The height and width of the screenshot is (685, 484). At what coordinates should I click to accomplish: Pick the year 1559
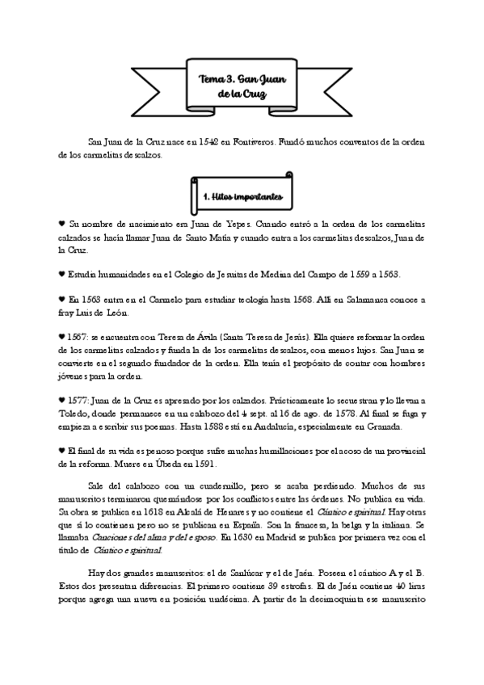(x=358, y=274)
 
